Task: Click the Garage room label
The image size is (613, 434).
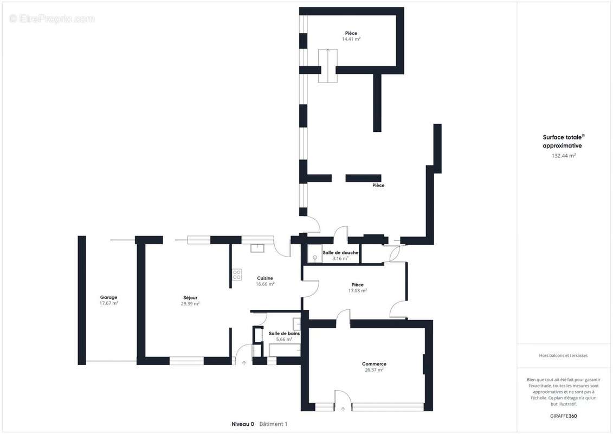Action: tap(109, 297)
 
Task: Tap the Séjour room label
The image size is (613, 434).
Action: tap(190, 298)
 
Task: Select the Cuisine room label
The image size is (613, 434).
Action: tap(265, 278)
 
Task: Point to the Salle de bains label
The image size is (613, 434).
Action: tap(284, 334)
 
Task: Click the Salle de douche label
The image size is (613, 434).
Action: tap(340, 253)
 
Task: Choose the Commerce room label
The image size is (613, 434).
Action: tap(374, 364)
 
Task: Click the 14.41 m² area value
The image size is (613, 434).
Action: tap(351, 39)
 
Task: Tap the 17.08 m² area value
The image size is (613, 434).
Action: tap(358, 291)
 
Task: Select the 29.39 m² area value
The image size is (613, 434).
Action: tap(190, 304)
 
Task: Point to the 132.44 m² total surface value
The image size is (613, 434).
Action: tap(563, 156)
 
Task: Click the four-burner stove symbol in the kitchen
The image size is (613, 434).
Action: tap(237, 275)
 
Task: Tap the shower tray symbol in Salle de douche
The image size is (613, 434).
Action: tap(315, 253)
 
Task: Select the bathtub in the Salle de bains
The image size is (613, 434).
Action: tap(285, 349)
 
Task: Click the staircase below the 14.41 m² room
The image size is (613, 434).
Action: tap(327, 66)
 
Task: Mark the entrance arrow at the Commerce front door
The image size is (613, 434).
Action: tap(343, 409)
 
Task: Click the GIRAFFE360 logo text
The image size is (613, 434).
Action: tap(563, 416)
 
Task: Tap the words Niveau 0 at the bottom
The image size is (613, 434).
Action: tap(243, 424)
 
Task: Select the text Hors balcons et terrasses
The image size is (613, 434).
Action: tap(563, 356)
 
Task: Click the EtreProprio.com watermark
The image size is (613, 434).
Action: tap(52, 18)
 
